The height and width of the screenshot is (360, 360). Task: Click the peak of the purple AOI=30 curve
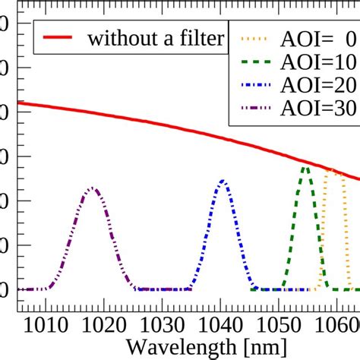(x=92, y=188)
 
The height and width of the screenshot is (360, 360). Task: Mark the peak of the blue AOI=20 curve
(x=223, y=181)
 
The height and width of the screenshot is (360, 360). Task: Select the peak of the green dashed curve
(x=305, y=167)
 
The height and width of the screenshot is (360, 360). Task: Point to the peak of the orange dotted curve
(x=330, y=170)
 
